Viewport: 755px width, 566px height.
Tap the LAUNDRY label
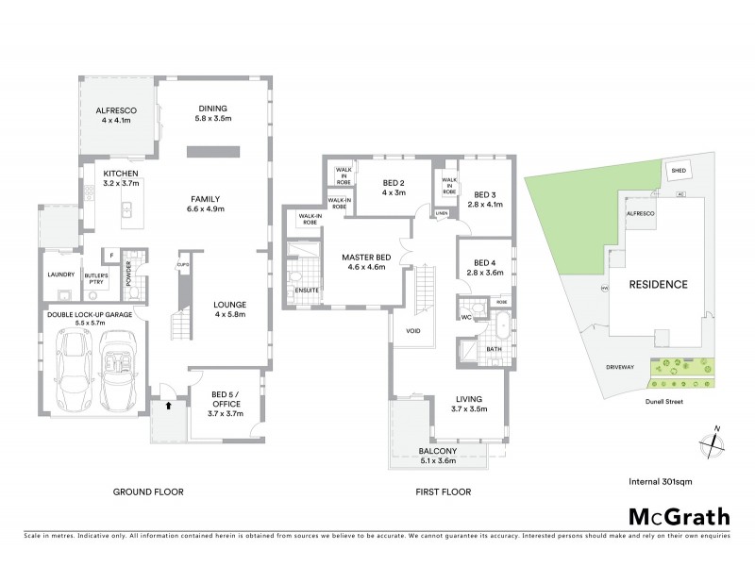[x=61, y=275]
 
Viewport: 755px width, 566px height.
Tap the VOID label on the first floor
[x=413, y=330]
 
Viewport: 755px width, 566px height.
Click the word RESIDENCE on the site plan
[x=659, y=284]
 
